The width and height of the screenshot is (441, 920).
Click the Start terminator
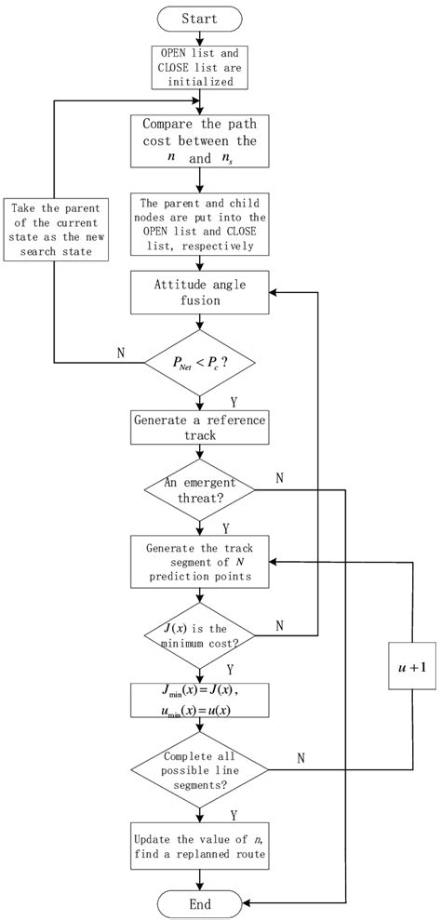[x=199, y=19]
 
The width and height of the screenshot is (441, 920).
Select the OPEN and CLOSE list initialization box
[x=199, y=69]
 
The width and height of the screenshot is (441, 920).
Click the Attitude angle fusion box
[x=199, y=291]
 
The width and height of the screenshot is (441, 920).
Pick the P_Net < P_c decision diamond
[x=199, y=361]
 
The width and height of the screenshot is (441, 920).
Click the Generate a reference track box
[x=199, y=429]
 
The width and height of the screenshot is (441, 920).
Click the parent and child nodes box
[x=199, y=223]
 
